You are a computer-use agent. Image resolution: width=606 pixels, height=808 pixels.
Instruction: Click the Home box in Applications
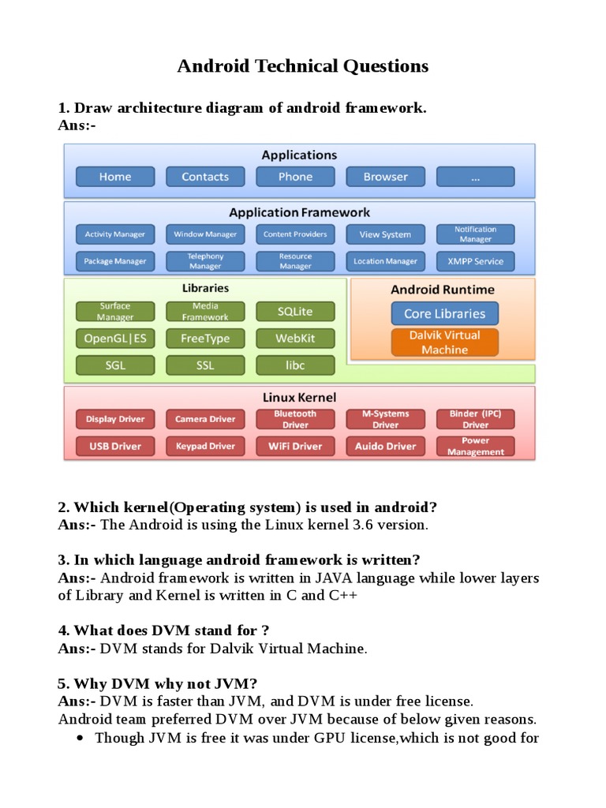(x=115, y=177)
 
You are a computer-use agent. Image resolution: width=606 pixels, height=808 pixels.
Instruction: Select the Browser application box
(x=385, y=177)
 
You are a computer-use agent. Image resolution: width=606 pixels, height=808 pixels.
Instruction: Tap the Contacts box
(x=205, y=177)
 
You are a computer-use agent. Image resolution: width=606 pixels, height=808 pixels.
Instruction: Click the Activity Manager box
(x=115, y=234)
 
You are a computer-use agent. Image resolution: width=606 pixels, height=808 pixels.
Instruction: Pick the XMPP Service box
(x=475, y=260)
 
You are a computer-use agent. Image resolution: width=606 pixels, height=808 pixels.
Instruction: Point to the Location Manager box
(x=385, y=260)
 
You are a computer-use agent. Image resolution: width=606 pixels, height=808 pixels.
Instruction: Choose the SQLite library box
(x=295, y=312)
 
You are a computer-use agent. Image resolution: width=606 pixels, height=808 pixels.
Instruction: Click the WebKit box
(x=295, y=339)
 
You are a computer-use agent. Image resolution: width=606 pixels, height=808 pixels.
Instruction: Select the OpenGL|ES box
(x=115, y=339)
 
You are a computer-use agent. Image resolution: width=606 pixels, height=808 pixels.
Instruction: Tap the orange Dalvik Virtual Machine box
(x=444, y=342)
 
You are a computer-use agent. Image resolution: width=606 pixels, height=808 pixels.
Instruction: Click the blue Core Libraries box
(x=444, y=313)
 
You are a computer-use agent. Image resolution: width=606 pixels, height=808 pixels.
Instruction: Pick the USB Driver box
(x=115, y=446)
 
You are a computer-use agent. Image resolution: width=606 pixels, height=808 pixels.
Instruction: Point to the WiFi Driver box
(x=295, y=446)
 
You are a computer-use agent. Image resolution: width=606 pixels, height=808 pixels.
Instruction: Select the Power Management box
(x=475, y=447)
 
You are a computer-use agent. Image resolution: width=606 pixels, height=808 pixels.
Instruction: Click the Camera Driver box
(x=205, y=419)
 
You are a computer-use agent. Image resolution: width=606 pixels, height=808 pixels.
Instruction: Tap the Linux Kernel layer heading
(x=299, y=397)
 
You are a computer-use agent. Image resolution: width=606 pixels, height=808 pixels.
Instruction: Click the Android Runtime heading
(x=443, y=290)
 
